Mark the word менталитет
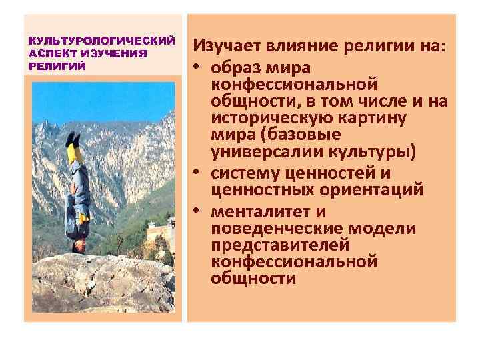[x=261, y=213]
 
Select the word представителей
[x=279, y=245]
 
